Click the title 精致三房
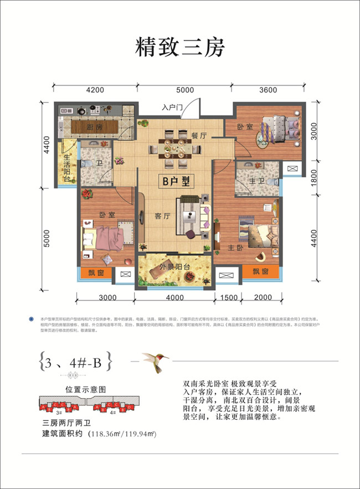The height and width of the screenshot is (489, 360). [x=180, y=47]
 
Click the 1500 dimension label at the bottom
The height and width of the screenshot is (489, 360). [x=228, y=297]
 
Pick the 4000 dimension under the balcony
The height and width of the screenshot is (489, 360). [x=174, y=297]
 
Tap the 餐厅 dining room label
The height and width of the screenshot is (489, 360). [x=198, y=135]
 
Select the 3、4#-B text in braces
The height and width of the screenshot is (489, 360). [x=76, y=363]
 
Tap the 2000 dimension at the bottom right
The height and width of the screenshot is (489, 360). [x=264, y=297]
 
